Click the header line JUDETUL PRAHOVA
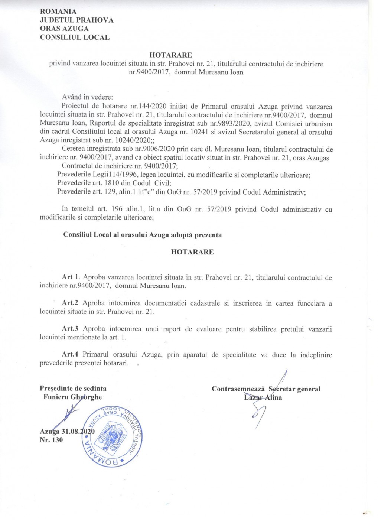(76, 20)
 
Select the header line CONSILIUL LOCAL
(75, 37)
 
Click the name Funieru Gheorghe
(72, 397)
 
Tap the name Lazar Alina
(263, 397)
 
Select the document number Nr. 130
(51, 440)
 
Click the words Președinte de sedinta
(73, 389)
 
